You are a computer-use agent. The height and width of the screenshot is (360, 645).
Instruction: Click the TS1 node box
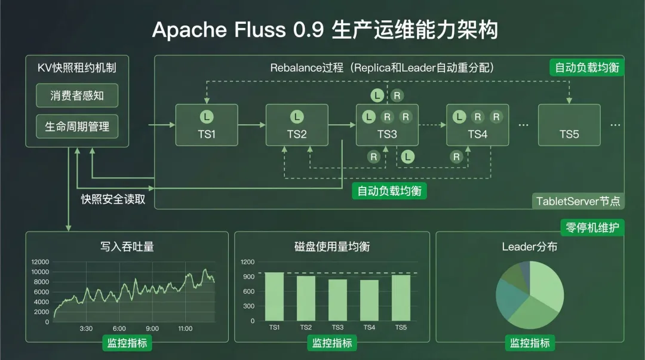coord(207,125)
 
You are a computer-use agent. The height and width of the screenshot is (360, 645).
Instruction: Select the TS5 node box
coord(569,125)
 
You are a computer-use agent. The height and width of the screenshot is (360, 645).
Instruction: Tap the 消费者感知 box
coord(76,96)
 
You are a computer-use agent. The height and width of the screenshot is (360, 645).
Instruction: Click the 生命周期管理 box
coord(76,127)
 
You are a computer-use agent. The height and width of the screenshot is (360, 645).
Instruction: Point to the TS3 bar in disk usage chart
coord(337,300)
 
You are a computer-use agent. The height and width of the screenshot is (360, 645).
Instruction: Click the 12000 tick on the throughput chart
coord(41,262)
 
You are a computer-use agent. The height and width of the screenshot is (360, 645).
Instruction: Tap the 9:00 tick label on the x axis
coord(152,329)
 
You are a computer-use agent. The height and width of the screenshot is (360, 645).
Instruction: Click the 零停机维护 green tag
coord(592,227)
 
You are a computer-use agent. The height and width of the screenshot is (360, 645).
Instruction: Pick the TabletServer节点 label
coord(578,201)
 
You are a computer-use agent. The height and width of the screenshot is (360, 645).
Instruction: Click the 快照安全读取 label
coord(113,199)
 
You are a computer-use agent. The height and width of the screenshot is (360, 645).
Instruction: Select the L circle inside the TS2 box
coord(297,116)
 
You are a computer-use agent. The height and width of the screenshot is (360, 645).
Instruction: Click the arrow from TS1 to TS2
coord(251,125)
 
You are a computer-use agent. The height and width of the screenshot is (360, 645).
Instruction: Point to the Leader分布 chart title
coord(529,246)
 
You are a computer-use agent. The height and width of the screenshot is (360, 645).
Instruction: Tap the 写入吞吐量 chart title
coord(127,246)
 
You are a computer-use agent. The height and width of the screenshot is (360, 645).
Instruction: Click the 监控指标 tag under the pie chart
coord(529,343)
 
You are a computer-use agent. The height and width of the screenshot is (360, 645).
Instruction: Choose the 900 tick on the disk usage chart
coord(248,276)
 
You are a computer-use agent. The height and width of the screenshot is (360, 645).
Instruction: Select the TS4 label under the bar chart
coord(369,327)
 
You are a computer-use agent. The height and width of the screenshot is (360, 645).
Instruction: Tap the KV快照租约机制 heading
coord(76,67)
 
